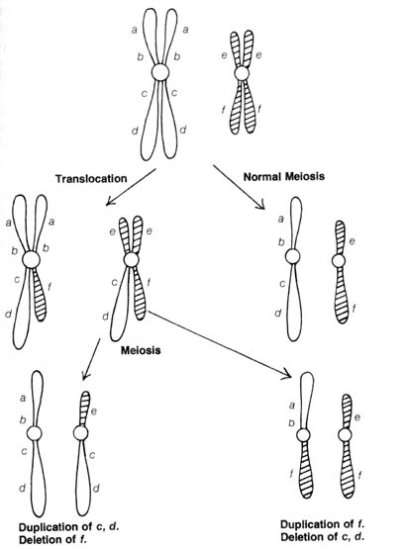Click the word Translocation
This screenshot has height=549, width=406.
(91, 179)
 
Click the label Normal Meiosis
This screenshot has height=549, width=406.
(284, 176)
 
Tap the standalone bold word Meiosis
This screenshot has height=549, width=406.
(141, 350)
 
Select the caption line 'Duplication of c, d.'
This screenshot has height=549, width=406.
(68, 527)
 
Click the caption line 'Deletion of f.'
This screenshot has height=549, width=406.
(52, 539)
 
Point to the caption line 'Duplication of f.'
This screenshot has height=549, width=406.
(323, 524)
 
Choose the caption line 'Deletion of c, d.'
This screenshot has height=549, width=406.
(323, 537)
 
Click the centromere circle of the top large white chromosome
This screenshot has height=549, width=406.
(160, 72)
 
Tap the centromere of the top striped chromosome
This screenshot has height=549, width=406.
(242, 73)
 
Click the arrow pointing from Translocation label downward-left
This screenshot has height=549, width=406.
(131, 187)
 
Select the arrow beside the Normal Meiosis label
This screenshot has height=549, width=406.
(239, 187)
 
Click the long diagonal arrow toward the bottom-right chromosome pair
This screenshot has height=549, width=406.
(220, 344)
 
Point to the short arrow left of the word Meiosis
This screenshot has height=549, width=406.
(91, 359)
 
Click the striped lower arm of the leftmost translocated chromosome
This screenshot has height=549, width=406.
(40, 295)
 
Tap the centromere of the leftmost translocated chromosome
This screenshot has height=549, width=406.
(31, 260)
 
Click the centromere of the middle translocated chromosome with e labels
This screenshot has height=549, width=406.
(132, 260)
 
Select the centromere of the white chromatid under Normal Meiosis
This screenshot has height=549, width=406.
(292, 256)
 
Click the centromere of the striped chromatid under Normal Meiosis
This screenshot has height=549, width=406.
(339, 260)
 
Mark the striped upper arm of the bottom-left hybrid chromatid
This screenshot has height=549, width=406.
(84, 409)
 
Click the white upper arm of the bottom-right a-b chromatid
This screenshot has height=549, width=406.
(307, 401)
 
